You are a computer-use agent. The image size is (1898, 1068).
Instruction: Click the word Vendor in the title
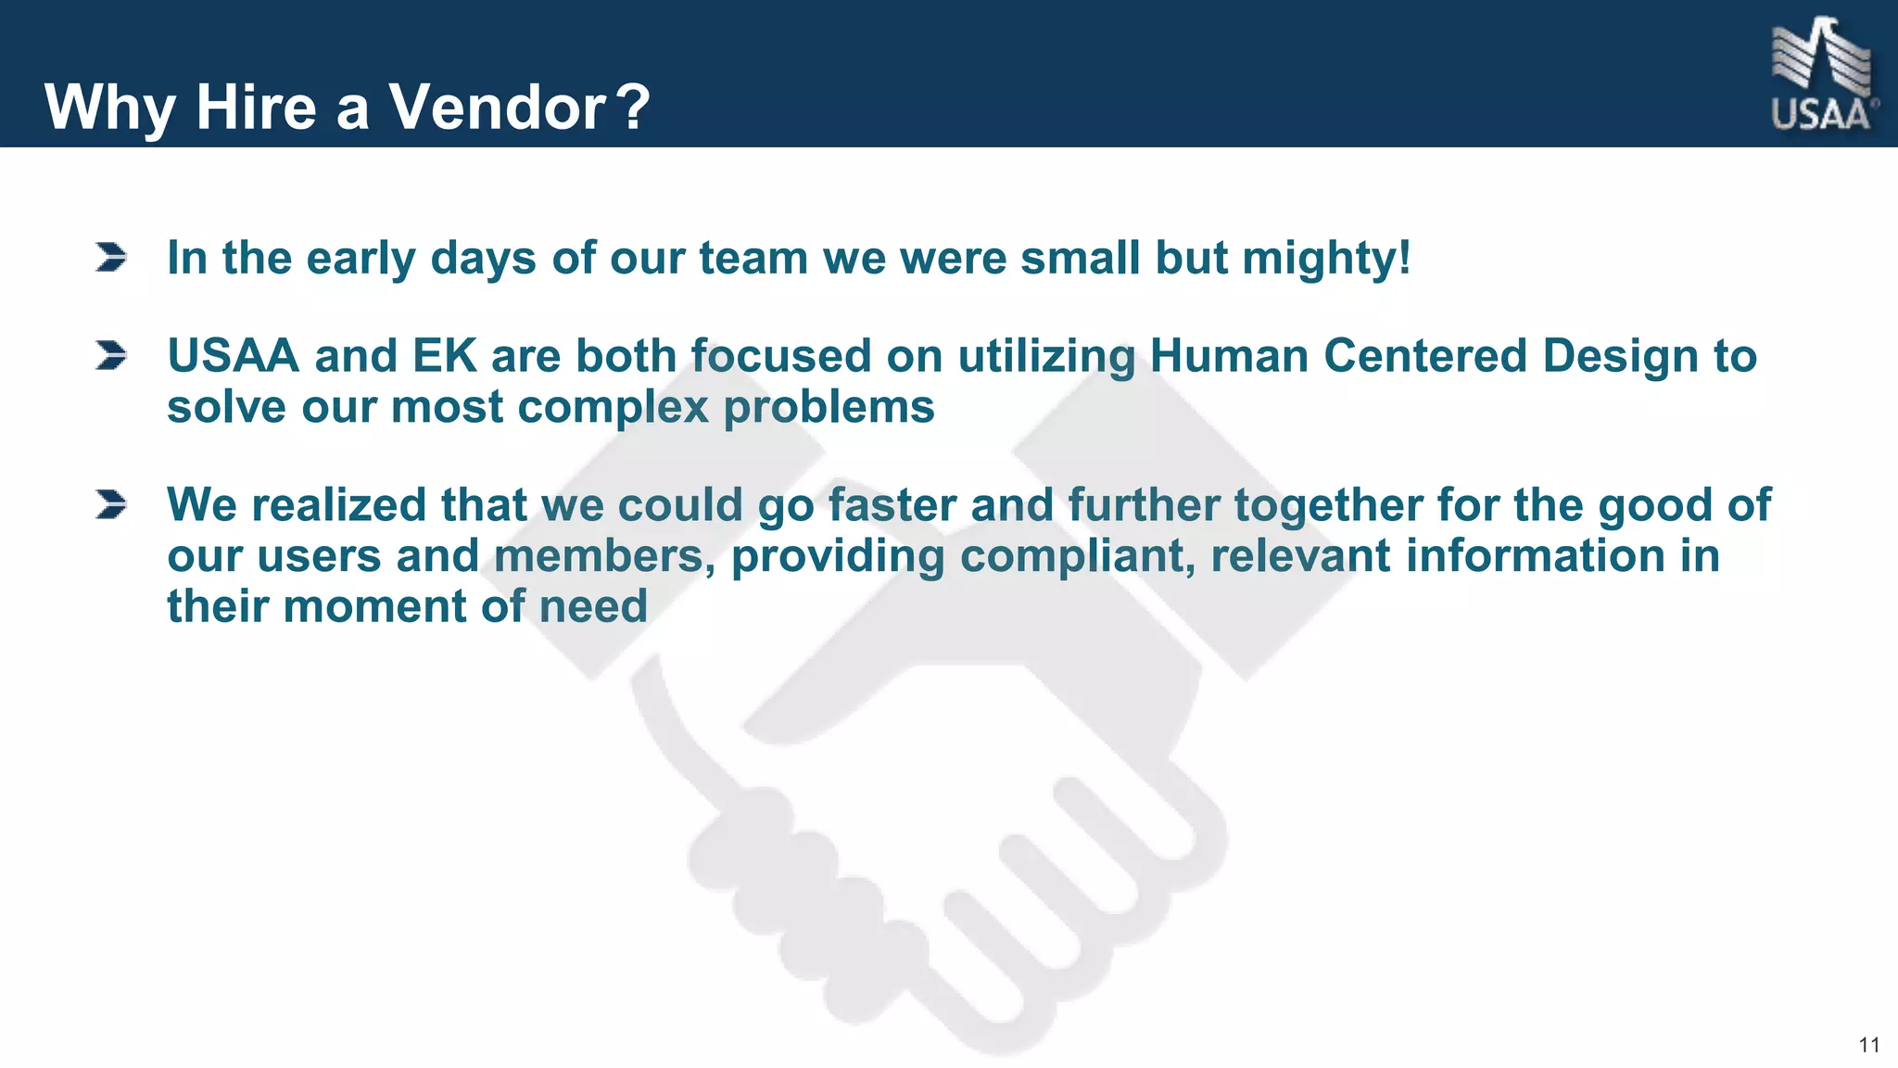[x=498, y=108]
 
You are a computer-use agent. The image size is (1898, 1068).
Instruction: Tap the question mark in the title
[x=634, y=108]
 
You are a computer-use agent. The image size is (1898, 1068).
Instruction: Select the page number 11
[x=1868, y=1046]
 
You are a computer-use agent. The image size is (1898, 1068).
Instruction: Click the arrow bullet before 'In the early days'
[x=110, y=258]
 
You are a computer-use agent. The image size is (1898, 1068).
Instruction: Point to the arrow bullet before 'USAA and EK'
[x=110, y=356]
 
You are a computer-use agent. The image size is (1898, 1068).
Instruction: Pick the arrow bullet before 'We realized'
[x=110, y=505]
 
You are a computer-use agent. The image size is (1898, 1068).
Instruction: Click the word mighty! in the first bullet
[x=1326, y=259]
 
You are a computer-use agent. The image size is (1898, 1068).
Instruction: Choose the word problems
[x=829, y=408]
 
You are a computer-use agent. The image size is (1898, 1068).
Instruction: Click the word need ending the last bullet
[x=593, y=607]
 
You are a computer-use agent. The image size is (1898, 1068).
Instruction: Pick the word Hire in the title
[x=257, y=108]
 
